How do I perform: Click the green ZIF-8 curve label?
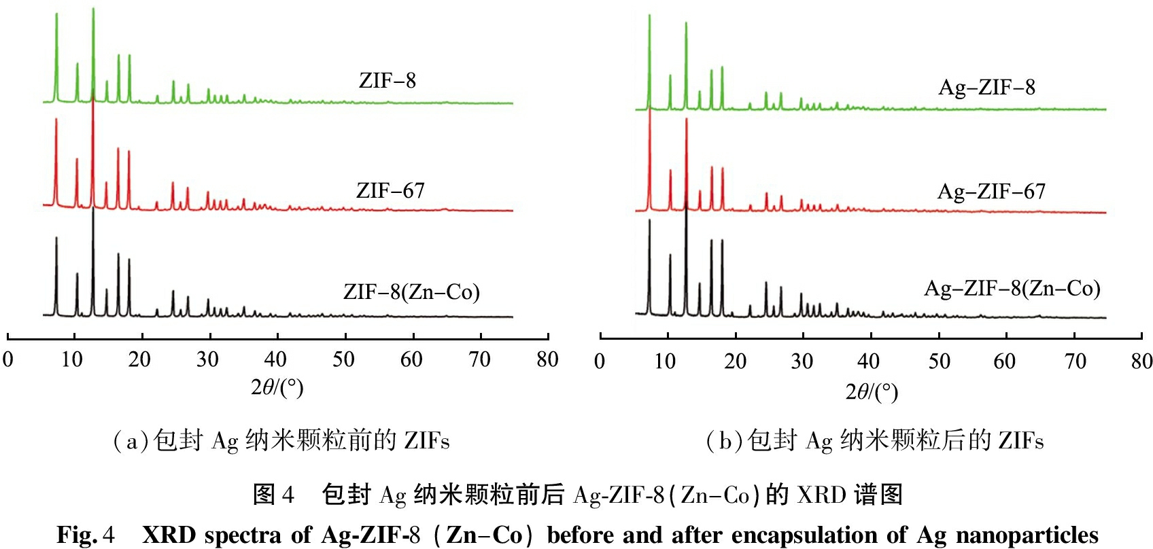(387, 81)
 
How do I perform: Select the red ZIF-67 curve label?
(390, 191)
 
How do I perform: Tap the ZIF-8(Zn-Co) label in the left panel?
(411, 292)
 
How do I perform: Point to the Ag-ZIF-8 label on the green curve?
(986, 88)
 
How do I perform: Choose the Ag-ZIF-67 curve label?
(991, 192)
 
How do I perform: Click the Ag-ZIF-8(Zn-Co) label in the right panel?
(1012, 289)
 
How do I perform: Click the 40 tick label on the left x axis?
(275, 359)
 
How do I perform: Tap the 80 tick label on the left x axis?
(547, 359)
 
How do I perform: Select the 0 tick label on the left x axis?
(8, 359)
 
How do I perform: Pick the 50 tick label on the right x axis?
(939, 361)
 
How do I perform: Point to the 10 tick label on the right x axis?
(665, 361)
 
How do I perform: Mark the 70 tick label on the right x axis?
(1075, 361)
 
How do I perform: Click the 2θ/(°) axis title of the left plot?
(277, 387)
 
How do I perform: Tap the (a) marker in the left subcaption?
(131, 442)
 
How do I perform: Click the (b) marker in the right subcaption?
(725, 442)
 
